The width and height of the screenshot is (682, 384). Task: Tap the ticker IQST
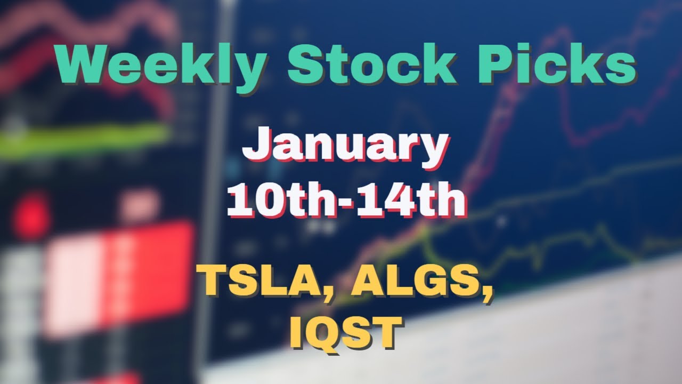click(345, 332)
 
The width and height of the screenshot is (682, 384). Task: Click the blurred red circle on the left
click(31, 216)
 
